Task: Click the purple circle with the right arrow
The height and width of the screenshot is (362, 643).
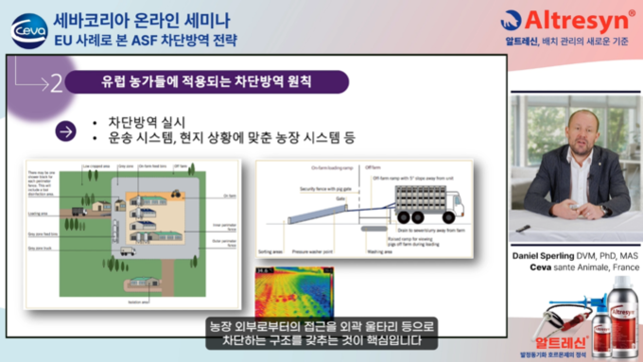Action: pyautogui.click(x=65, y=131)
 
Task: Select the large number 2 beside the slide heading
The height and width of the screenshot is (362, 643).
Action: pyautogui.click(x=57, y=83)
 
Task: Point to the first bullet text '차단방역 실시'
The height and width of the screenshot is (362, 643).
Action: pyautogui.click(x=148, y=122)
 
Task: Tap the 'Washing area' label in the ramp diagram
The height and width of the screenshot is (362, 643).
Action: pyautogui.click(x=380, y=252)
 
